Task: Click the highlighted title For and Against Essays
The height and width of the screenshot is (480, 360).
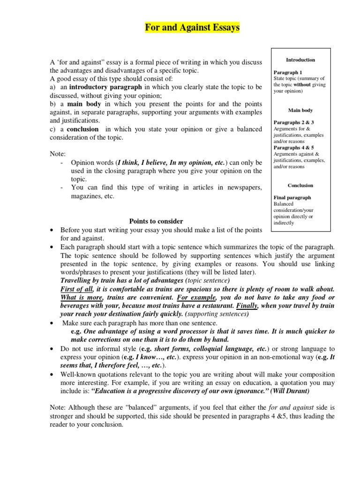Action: [x=192, y=28]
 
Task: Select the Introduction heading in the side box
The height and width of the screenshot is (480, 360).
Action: [x=300, y=60]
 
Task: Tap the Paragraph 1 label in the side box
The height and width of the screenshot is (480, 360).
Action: [x=288, y=73]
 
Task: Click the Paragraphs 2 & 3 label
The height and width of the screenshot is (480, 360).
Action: [x=293, y=122]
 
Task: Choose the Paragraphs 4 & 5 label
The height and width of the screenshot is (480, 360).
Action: [x=293, y=148]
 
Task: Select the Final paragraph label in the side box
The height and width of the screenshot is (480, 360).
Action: [x=292, y=198]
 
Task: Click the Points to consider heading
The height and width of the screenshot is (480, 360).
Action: [x=156, y=221]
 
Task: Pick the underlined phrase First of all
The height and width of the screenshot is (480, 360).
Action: [x=77, y=289]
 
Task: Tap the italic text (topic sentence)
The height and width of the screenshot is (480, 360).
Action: [x=199, y=281]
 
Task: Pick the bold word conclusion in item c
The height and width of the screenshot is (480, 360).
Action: [x=83, y=129]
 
